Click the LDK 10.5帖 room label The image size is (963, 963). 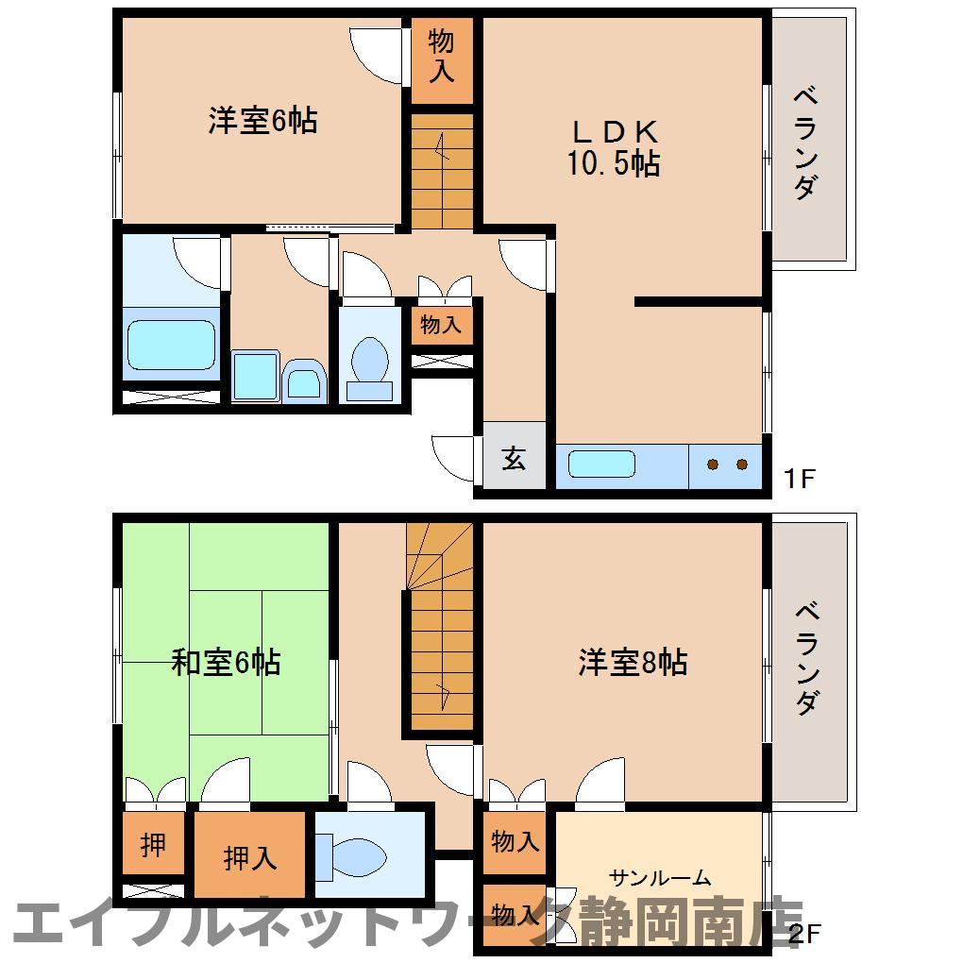point(613,147)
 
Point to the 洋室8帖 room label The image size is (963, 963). point(633,662)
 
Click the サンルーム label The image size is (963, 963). point(660,879)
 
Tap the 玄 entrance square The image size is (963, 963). point(514,459)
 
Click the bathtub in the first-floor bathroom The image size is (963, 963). point(171,345)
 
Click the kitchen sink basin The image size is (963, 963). point(601,465)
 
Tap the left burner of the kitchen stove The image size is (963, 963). point(713,464)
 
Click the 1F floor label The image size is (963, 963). point(799,478)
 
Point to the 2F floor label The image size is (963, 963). point(803,934)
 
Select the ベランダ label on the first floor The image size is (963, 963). point(804,142)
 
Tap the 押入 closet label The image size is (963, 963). point(250,858)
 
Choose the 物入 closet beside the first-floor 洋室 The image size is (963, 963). point(441,55)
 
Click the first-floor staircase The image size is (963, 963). point(441,170)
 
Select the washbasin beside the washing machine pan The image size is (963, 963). point(305,383)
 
